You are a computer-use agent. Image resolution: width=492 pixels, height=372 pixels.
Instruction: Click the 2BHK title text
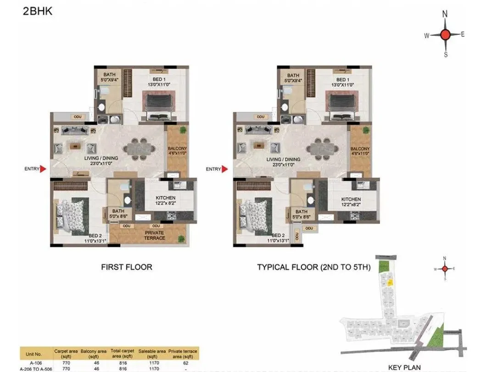[x=38, y=11]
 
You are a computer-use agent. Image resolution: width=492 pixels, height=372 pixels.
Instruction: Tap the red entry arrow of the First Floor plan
[x=43, y=169]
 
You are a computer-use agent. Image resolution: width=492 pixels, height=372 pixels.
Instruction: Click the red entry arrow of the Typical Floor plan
[x=225, y=169]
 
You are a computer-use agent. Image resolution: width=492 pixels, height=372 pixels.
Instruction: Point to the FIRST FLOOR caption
[x=126, y=267]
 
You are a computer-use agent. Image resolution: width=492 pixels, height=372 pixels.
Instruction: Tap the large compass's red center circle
[x=445, y=35]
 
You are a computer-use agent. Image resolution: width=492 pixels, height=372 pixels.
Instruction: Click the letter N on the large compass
[x=445, y=14]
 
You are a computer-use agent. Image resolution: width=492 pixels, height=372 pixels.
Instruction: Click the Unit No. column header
[x=35, y=354]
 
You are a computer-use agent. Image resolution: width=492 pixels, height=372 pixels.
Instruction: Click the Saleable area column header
[x=152, y=354]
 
